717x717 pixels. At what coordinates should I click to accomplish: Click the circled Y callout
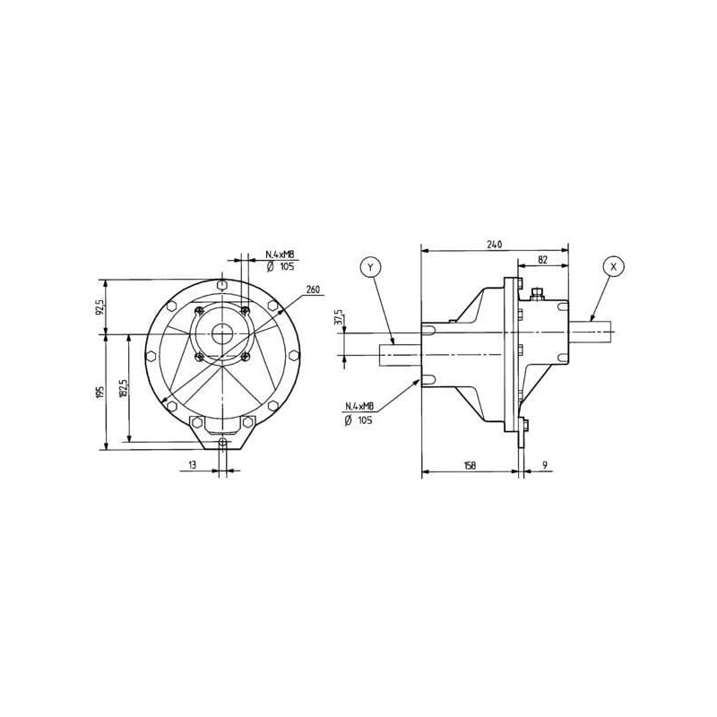click(x=370, y=267)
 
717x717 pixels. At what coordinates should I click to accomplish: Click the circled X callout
click(x=614, y=266)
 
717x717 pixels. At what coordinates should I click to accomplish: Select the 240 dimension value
click(x=495, y=244)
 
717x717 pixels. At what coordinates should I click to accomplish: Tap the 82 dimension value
click(x=543, y=260)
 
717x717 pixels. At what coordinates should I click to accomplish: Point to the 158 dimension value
click(x=470, y=465)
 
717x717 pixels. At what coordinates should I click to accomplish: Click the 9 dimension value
click(x=545, y=465)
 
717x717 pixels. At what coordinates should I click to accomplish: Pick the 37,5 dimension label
click(x=339, y=317)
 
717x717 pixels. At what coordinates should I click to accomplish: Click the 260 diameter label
click(x=313, y=289)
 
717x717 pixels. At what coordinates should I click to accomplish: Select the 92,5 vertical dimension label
click(x=100, y=307)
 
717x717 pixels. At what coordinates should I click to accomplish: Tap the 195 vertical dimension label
click(x=100, y=393)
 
